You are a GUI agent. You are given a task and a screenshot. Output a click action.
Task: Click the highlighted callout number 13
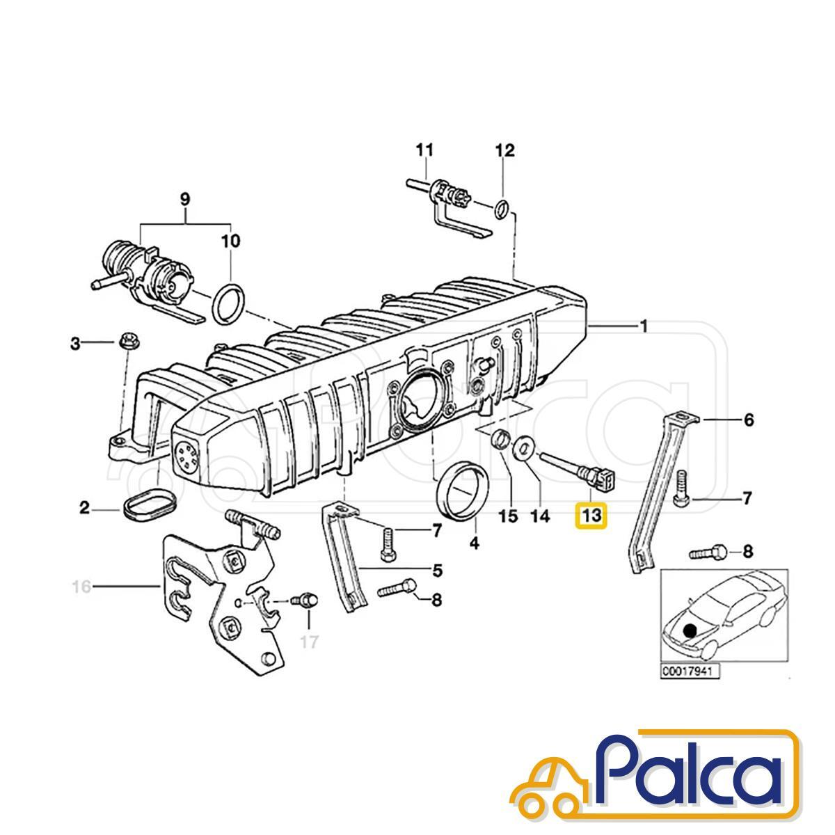click(592, 515)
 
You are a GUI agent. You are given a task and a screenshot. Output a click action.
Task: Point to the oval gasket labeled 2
click(151, 506)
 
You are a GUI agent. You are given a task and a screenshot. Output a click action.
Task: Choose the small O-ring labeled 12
click(502, 209)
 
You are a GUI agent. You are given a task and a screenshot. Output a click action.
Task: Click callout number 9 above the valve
click(185, 200)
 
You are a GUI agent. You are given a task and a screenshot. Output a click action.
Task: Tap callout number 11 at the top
click(424, 150)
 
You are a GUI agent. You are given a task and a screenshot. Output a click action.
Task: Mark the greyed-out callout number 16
click(82, 587)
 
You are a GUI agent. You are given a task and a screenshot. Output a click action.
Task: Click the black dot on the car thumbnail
click(689, 642)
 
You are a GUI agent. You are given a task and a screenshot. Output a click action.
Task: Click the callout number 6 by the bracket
click(748, 420)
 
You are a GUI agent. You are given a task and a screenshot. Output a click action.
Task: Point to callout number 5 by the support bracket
click(438, 571)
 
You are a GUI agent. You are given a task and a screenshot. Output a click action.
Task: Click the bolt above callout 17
click(305, 600)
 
